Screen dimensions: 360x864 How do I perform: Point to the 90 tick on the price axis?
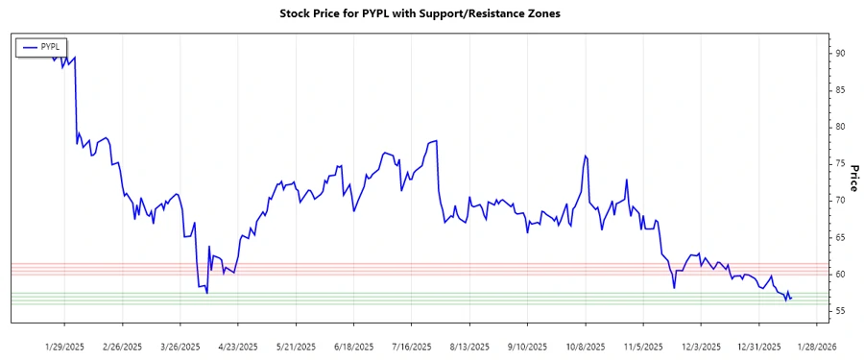(x=839, y=54)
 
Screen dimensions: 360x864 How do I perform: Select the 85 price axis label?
(x=839, y=90)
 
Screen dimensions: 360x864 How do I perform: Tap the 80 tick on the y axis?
(x=839, y=127)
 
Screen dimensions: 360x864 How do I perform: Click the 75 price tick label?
(x=839, y=164)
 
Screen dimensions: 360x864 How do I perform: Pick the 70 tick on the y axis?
(x=839, y=201)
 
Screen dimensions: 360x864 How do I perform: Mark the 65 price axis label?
(x=839, y=237)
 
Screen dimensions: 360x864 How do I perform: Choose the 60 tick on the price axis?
(x=839, y=275)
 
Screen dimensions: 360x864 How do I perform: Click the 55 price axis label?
(x=839, y=311)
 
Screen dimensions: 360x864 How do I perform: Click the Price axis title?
(x=853, y=178)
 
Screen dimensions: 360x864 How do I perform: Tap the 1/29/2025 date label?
(x=65, y=346)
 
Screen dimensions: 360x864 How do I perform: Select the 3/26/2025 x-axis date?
(x=180, y=346)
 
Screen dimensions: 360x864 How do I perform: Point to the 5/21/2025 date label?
(x=296, y=346)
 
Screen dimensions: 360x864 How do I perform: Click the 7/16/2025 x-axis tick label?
(x=411, y=346)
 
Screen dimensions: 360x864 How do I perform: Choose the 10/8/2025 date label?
(x=584, y=346)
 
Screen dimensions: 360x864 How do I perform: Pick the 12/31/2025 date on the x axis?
(x=756, y=346)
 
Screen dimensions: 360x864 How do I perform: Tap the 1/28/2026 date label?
(x=814, y=346)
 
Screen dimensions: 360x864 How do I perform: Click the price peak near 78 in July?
(x=436, y=141)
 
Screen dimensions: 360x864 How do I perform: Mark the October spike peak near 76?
(x=584, y=156)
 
